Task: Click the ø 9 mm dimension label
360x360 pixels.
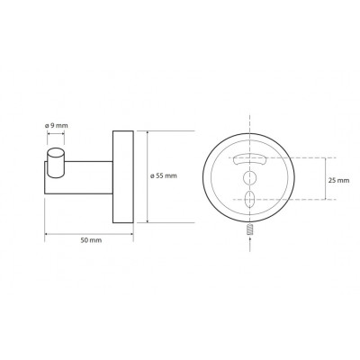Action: [x=57, y=126]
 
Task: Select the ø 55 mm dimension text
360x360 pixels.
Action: [x=164, y=176]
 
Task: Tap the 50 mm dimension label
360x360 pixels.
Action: [x=91, y=240]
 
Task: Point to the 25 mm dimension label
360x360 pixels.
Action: [x=338, y=181]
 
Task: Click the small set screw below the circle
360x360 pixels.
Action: [x=249, y=230]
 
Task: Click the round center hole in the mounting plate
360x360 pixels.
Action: [x=249, y=177]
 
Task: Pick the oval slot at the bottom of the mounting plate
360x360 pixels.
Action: [x=249, y=199]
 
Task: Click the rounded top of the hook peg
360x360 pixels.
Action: [x=56, y=152]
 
